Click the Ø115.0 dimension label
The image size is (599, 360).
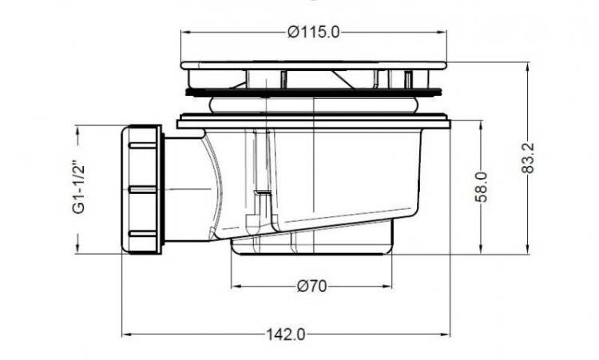tap(313, 32)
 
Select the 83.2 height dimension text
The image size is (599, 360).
tap(528, 158)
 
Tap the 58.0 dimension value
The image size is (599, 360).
tap(482, 187)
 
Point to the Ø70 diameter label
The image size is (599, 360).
tap(311, 286)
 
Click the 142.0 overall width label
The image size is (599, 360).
tap(286, 334)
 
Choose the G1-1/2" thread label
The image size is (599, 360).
tap(79, 189)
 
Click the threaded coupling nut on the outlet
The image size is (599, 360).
tap(142, 189)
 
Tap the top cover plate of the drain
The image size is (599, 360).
tap(313, 65)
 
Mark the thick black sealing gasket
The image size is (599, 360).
tap(313, 92)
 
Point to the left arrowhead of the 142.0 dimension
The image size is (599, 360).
tap(126, 334)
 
